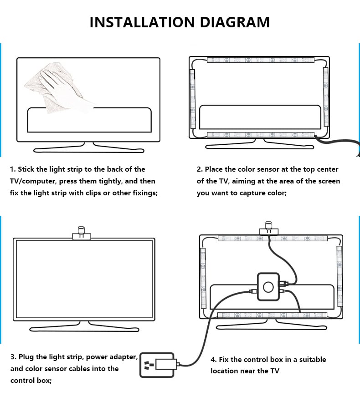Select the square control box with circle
coord(268,286)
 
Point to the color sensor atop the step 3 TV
coord(81,233)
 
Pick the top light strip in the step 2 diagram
coord(260,60)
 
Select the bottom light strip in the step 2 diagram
coord(260,135)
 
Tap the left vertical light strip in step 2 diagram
coord(192,98)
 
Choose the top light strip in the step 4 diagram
coord(272,238)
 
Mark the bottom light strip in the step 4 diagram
coord(272,315)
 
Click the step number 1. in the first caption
coord(13,169)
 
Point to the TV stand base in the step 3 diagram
coord(84,327)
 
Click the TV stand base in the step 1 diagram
coord(88,148)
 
